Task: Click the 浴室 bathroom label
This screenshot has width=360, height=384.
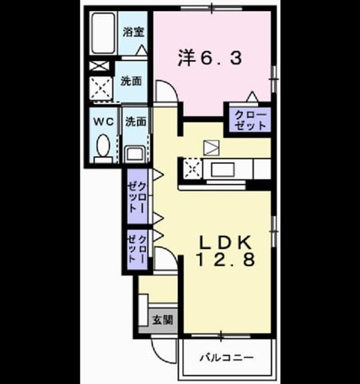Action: point(133,32)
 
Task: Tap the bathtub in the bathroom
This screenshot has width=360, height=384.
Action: point(104,34)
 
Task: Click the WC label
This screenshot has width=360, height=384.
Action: point(104,121)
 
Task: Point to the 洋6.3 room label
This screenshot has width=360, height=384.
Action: point(210,58)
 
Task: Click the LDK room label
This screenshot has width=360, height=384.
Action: point(225,243)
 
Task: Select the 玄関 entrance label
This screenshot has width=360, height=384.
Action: point(163,319)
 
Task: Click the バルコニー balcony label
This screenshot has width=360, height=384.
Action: point(227,358)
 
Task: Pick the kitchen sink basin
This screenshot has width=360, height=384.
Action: point(223,169)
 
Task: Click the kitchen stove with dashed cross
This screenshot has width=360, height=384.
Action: point(193,169)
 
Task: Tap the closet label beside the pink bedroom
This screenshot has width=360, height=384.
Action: point(250,121)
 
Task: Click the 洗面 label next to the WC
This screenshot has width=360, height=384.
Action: point(136,121)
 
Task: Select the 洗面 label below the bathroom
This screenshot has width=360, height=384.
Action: point(131,81)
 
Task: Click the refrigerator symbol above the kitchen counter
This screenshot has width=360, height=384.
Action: point(211,148)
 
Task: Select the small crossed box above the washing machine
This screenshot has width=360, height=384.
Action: point(99,66)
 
